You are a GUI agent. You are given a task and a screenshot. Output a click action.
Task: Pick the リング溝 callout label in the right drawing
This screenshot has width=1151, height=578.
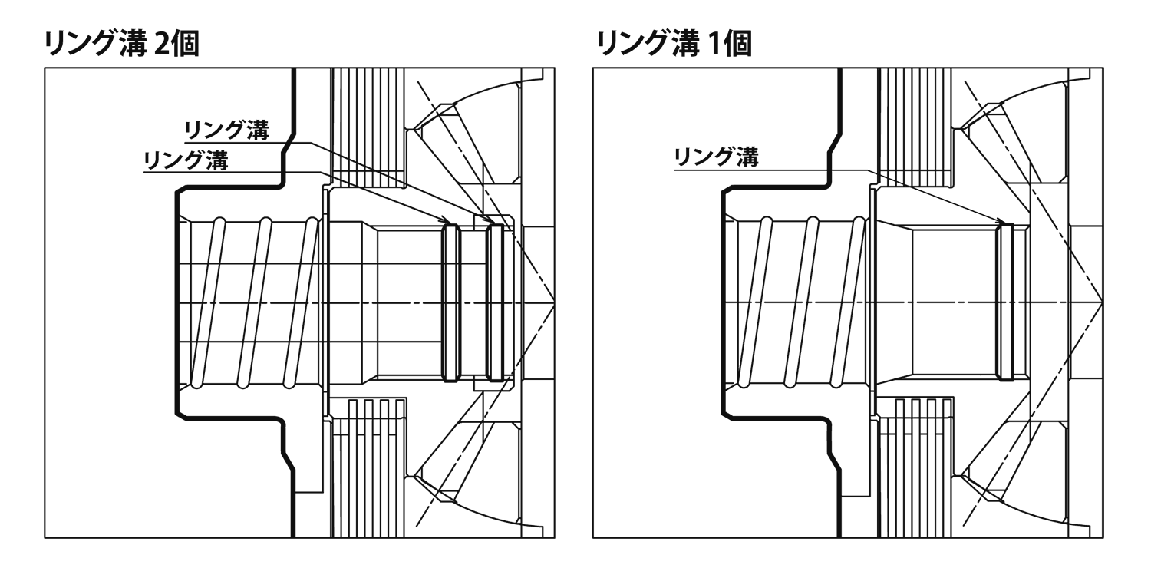click(716, 158)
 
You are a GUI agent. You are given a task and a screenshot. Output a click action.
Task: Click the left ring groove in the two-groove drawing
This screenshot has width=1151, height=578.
click(450, 302)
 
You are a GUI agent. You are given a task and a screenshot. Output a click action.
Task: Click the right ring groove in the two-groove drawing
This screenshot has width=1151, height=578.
click(495, 302)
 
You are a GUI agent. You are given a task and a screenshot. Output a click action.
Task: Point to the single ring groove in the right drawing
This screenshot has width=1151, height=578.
click(1005, 302)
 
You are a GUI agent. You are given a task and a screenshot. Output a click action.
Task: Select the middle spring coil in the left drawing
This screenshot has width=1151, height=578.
click(254, 302)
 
